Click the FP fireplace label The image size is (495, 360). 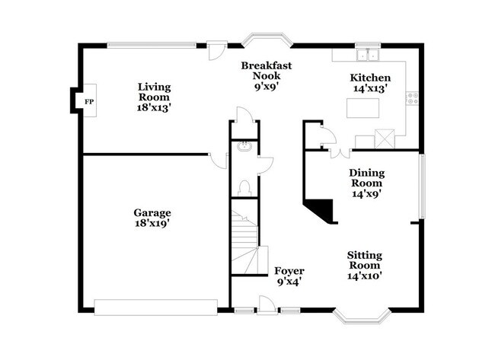pyautogui.click(x=88, y=101)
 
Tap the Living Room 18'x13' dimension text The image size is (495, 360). pyautogui.click(x=154, y=107)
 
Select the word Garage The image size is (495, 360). pyautogui.click(x=152, y=213)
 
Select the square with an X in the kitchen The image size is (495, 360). pyautogui.click(x=385, y=139)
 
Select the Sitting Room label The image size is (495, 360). pyautogui.click(x=365, y=260)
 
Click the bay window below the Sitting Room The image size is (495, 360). pyautogui.click(x=364, y=314)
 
